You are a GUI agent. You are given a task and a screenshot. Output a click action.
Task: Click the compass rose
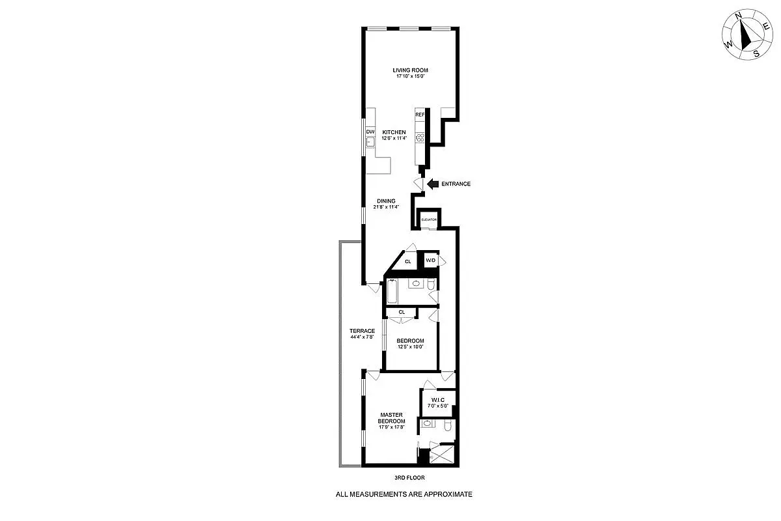(x=745, y=37)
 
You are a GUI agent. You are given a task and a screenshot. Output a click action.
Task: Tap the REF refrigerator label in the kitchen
(x=420, y=115)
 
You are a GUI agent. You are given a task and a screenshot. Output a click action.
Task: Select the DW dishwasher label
(x=370, y=132)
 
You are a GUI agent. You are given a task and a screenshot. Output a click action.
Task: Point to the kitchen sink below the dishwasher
(x=370, y=142)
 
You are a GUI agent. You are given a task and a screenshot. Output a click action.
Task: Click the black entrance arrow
(x=432, y=184)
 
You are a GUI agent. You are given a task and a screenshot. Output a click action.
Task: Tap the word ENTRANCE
(x=456, y=184)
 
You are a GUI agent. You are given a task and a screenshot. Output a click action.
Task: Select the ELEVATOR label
(x=428, y=220)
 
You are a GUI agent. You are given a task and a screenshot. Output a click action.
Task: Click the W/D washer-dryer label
(x=430, y=260)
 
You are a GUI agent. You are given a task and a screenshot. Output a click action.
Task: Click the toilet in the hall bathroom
(x=431, y=285)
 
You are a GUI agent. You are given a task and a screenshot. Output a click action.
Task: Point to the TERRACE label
(x=362, y=331)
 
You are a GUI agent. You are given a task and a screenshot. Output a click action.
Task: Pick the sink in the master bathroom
(x=427, y=423)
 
